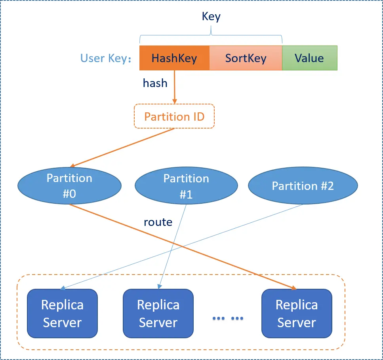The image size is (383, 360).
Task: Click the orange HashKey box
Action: click(x=174, y=58)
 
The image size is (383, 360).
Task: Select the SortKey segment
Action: click(x=246, y=58)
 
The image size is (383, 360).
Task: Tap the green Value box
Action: click(x=309, y=58)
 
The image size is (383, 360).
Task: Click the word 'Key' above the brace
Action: click(x=211, y=17)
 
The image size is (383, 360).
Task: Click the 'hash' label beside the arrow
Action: click(x=155, y=83)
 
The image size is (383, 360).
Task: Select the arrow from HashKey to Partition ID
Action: click(x=175, y=87)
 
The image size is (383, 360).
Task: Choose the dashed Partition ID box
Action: click(x=174, y=116)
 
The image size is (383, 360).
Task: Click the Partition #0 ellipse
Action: click(x=69, y=186)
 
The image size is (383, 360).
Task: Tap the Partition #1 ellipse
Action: click(x=186, y=186)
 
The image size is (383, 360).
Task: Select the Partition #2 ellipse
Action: click(x=303, y=186)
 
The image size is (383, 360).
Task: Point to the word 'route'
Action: click(x=158, y=222)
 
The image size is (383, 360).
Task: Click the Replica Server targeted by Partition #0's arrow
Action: click(x=297, y=313)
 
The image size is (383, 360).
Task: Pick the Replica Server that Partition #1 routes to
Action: click(x=158, y=313)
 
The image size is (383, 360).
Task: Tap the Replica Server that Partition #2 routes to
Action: click(x=62, y=313)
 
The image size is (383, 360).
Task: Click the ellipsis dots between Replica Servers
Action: click(x=228, y=318)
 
